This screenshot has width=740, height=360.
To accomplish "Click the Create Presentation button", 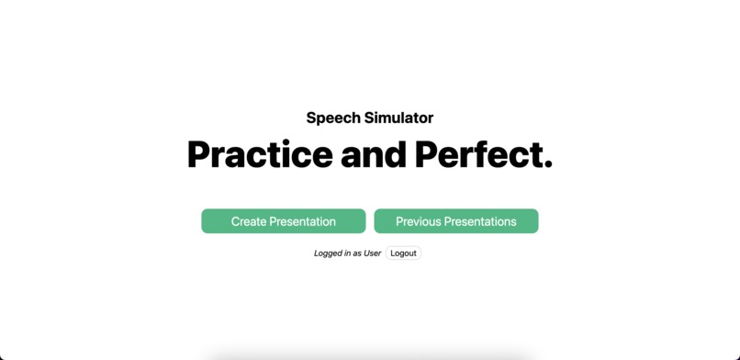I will [283, 221].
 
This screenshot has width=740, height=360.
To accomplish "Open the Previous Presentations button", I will [455, 221].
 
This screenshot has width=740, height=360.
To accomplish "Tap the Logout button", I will [403, 253].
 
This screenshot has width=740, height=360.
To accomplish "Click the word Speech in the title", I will [333, 118].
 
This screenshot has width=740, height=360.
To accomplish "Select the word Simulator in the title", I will [398, 118].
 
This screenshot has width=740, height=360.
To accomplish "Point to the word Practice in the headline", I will [260, 154].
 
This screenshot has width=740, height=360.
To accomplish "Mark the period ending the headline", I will [548, 165].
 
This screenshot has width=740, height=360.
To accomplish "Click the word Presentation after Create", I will [305, 221].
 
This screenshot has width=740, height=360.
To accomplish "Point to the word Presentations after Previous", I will [483, 221].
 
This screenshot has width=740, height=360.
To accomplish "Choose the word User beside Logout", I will [372, 253].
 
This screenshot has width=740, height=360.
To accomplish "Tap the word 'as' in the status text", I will [356, 253].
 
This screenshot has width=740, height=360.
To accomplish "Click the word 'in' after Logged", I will [347, 253].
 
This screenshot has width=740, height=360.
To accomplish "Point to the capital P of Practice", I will [199, 154].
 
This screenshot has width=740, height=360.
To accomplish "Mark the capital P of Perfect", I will [426, 154].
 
